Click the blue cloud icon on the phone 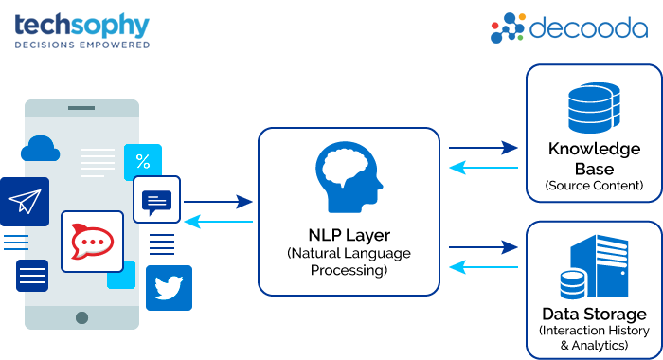(x=40, y=148)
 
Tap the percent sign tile (x=143, y=161)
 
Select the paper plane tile (x=25, y=201)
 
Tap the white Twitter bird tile (x=169, y=287)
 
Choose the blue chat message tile (x=156, y=200)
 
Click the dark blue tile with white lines (x=32, y=275)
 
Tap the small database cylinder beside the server (x=572, y=284)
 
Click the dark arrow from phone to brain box (x=218, y=202)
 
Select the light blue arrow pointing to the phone (x=218, y=222)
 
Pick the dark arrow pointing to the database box (x=483, y=148)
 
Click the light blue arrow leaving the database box (x=483, y=168)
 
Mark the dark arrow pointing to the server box (x=483, y=247)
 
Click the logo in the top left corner (x=82, y=29)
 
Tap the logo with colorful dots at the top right (x=568, y=27)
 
